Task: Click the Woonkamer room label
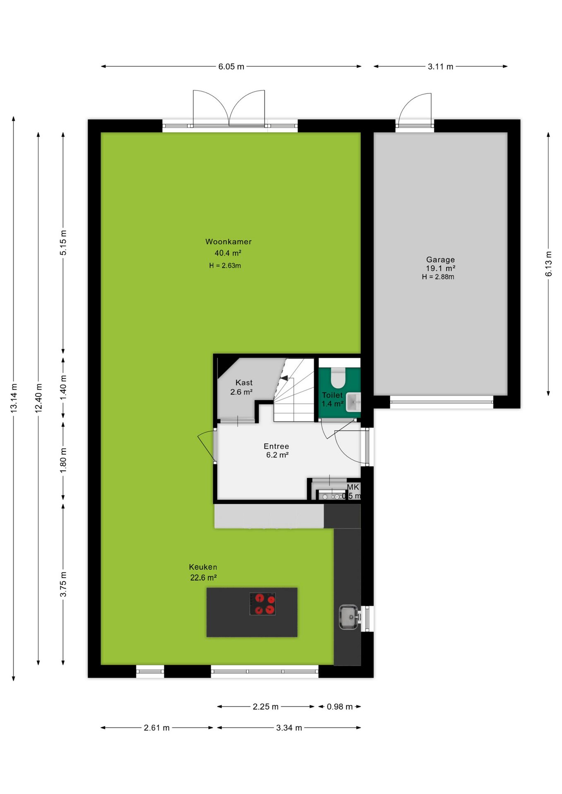click(228, 242)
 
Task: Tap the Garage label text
click(440, 260)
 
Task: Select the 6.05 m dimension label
click(231, 67)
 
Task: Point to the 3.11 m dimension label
click(440, 67)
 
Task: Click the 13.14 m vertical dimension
click(14, 398)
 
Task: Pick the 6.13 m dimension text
click(549, 264)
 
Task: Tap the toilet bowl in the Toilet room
click(338, 376)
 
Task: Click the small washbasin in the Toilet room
click(353, 402)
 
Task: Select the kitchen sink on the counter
click(348, 617)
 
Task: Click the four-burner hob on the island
click(262, 604)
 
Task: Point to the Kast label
click(244, 383)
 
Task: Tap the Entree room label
click(276, 446)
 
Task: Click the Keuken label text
click(203, 567)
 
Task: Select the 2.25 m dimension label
click(266, 707)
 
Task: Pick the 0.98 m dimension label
click(340, 707)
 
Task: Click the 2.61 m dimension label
click(157, 728)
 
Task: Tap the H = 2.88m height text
click(438, 277)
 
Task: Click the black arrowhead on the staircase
click(284, 378)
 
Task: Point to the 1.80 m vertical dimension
click(63, 461)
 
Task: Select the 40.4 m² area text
click(228, 253)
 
